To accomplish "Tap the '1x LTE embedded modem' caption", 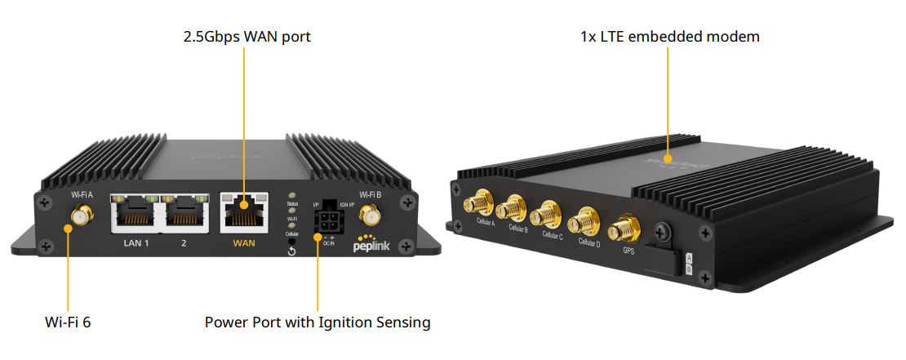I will pos(669,37).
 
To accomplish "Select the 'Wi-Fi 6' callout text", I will pos(68,322).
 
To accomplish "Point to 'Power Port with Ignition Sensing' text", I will pos(318,322).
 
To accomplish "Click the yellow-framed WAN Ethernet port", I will pos(244,214).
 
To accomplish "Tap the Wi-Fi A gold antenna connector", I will pos(82,217).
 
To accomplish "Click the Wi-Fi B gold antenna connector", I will pos(371,217).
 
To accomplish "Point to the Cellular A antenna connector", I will pos(477,204).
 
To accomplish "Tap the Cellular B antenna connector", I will pos(515,209).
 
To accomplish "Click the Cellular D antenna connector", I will pos(585,221).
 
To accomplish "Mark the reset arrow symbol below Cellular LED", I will pos(291,251).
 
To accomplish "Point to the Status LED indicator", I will pos(291,198).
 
